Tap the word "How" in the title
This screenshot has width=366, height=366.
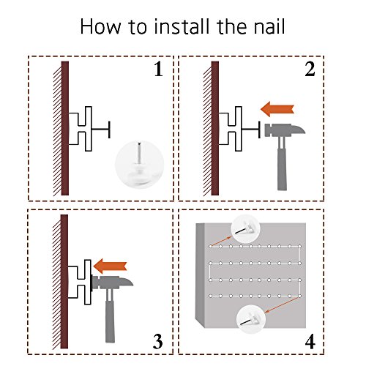pos(100,26)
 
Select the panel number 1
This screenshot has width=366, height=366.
pos(158,70)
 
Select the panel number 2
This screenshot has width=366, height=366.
pos(310,70)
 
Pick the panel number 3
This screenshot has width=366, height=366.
pos(158,341)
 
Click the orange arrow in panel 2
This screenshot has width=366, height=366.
pos(277,109)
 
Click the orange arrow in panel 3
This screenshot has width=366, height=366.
pos(110,266)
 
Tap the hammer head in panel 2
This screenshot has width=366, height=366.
pos(285,130)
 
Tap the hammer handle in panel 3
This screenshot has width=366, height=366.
pos(110,317)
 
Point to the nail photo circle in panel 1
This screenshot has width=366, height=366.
pos(140,164)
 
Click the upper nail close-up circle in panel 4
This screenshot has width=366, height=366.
pos(246,228)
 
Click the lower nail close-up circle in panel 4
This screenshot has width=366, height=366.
pos(251,320)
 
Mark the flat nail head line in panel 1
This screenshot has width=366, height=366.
pos(109,130)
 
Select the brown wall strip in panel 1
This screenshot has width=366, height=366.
pos(65,128)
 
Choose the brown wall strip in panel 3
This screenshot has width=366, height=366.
pos(64,282)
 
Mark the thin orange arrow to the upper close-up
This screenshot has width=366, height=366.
pos(221,242)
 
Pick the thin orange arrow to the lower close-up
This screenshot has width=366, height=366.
pos(283,305)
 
